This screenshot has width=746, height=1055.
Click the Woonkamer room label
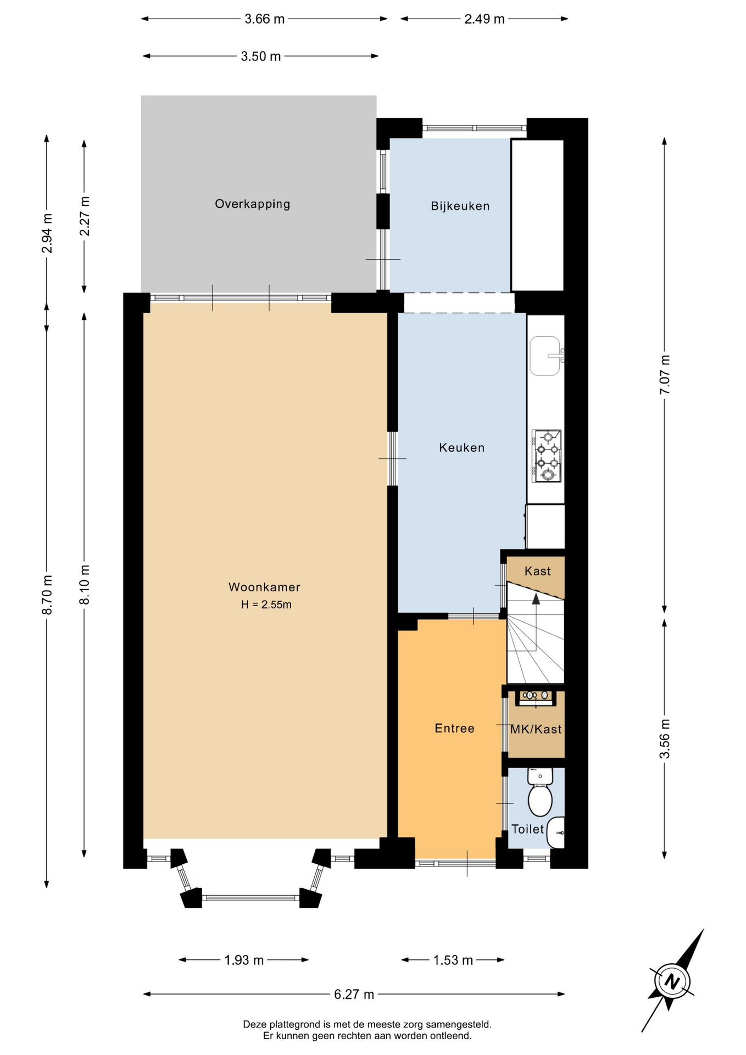[x=264, y=587]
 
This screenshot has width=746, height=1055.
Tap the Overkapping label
[x=253, y=204]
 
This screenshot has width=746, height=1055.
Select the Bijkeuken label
[x=460, y=206]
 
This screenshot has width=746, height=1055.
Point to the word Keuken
[x=462, y=448]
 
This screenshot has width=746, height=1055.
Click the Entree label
[x=454, y=729]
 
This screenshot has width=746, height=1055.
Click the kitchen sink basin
[x=545, y=356]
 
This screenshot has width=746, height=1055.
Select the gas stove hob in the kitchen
[x=547, y=456]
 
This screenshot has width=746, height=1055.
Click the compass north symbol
[x=672, y=981]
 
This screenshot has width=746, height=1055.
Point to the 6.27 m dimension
[x=354, y=994]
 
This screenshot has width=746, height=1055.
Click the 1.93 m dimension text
[x=244, y=960]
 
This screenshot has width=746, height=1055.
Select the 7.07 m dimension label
[x=665, y=374]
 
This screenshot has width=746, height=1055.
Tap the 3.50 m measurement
[x=261, y=56]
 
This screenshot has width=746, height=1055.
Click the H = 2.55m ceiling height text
[x=266, y=605]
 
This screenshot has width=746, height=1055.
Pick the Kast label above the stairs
[x=538, y=571]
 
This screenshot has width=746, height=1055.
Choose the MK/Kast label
[x=536, y=729]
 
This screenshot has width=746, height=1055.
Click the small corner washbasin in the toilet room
[x=556, y=832]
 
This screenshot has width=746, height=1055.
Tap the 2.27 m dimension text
[x=85, y=216]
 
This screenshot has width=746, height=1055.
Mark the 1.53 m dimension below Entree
[x=453, y=960]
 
